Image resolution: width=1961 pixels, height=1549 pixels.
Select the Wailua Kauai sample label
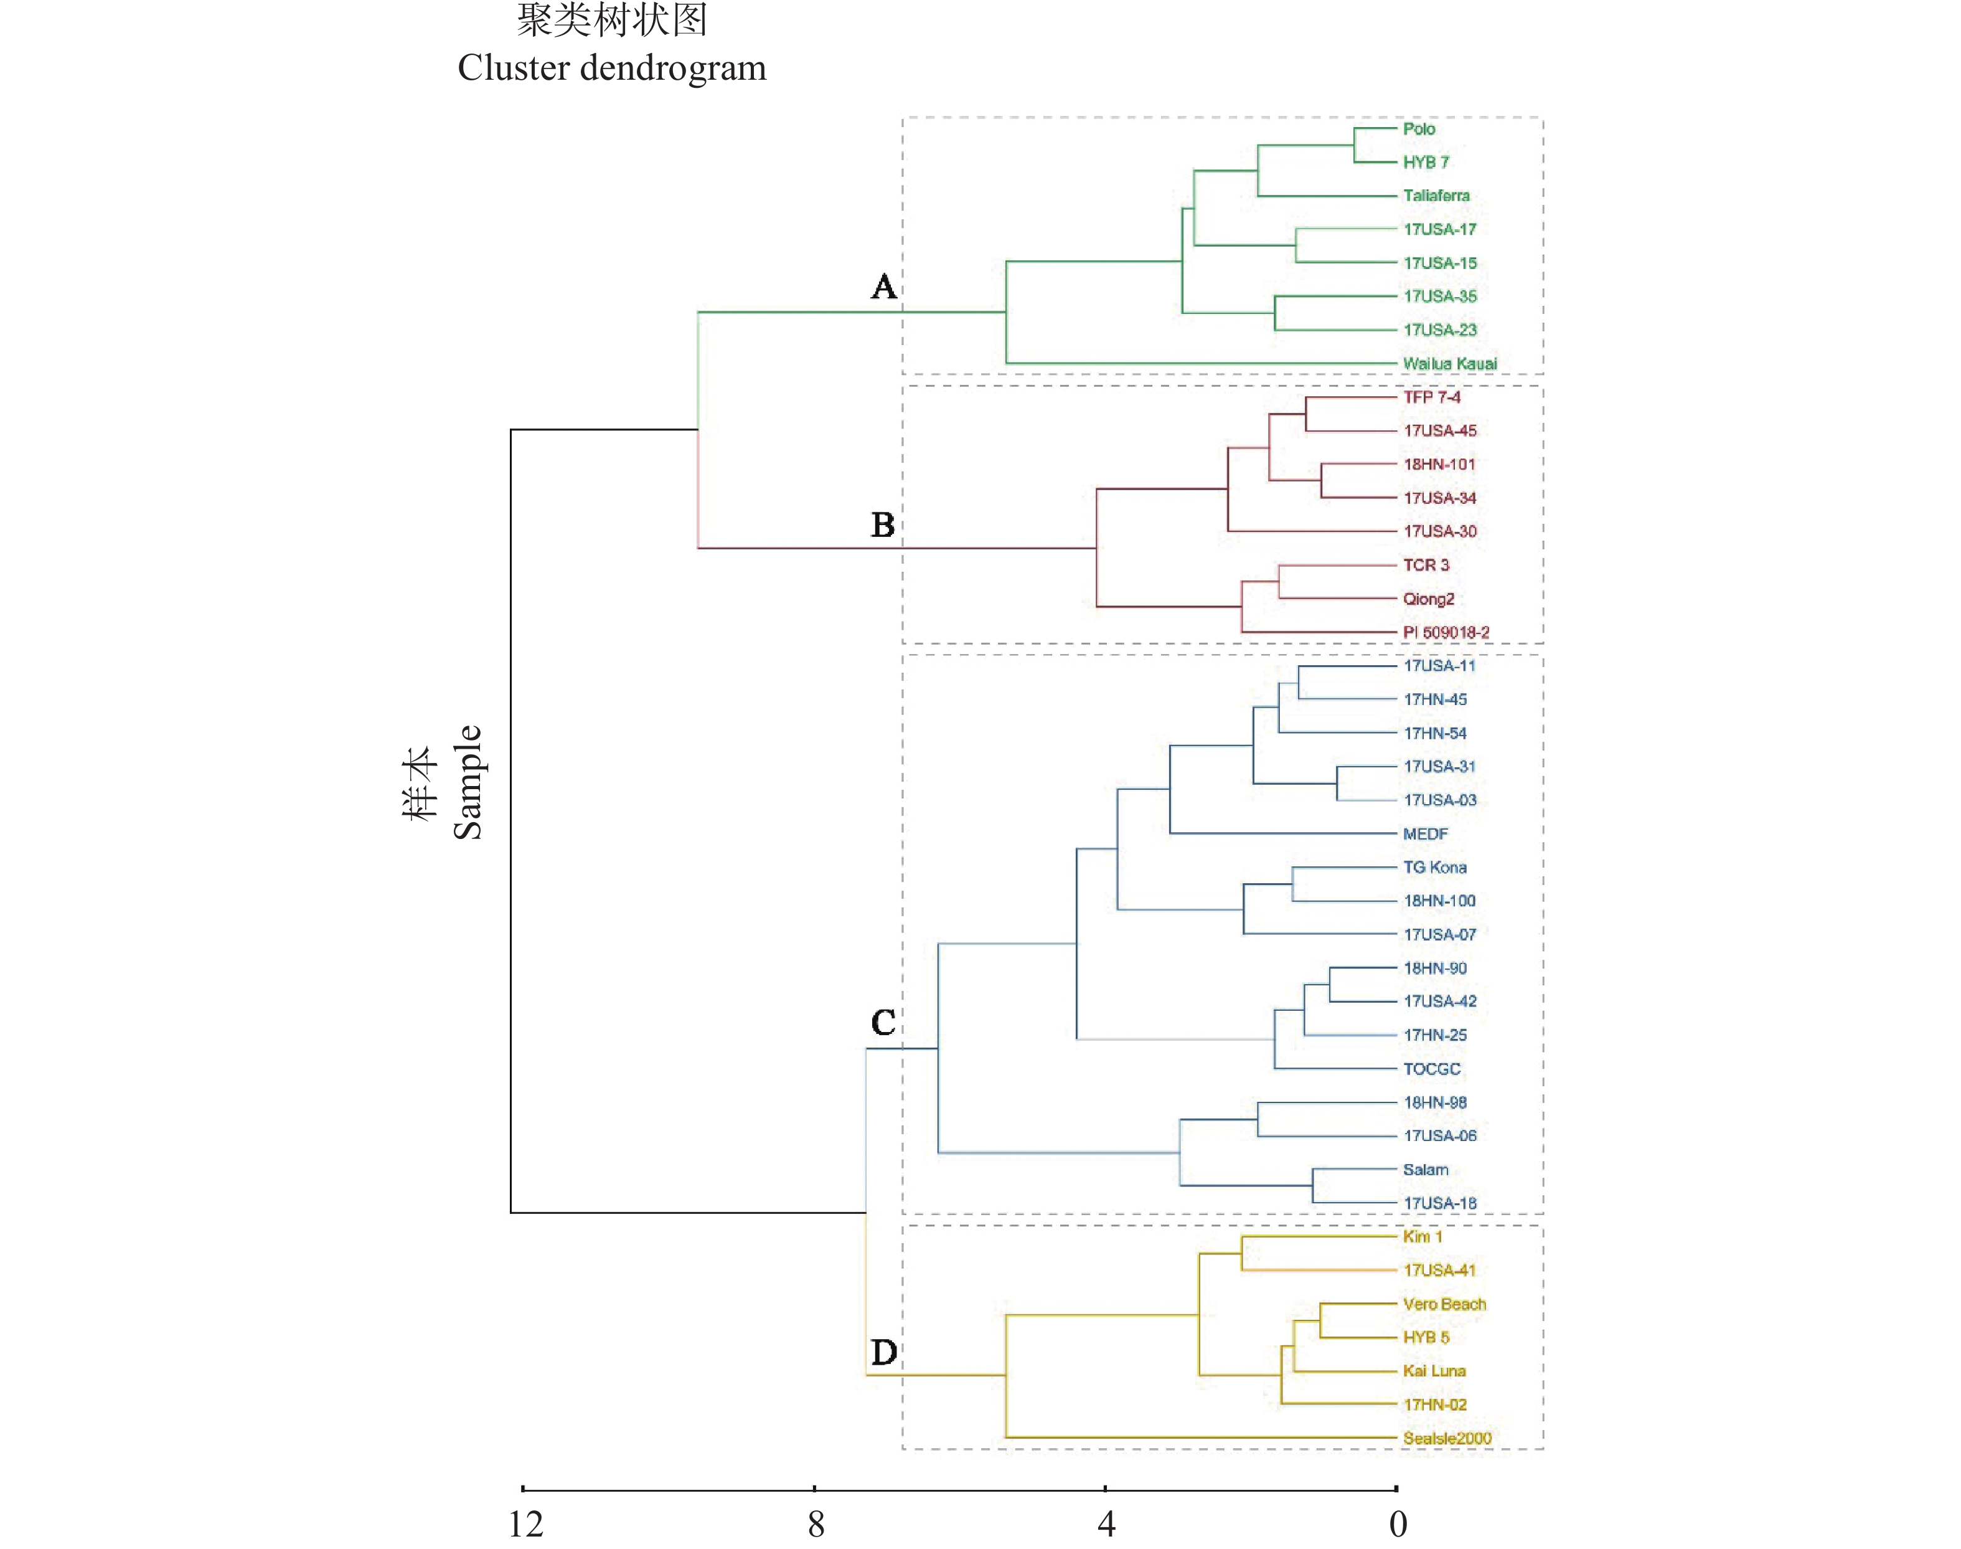pos(1450,364)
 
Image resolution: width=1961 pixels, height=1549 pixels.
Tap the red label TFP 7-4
pos(1432,397)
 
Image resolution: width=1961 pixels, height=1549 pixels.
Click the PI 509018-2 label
pos(1446,632)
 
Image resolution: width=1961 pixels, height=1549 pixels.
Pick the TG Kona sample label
pos(1434,867)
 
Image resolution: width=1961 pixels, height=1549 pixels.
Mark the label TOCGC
pos(1432,1068)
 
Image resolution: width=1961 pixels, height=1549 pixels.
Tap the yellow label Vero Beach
pos(1444,1304)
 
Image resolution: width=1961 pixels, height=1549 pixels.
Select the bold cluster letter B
pos(883,525)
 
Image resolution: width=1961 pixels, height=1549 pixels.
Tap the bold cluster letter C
pos(883,1022)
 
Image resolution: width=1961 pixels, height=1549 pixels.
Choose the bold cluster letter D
pos(884,1352)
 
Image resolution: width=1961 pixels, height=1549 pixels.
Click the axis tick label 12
pos(526,1525)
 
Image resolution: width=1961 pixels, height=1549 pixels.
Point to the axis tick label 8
pos(816,1525)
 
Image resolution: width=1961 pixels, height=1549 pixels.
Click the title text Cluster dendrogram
pos(612,68)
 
